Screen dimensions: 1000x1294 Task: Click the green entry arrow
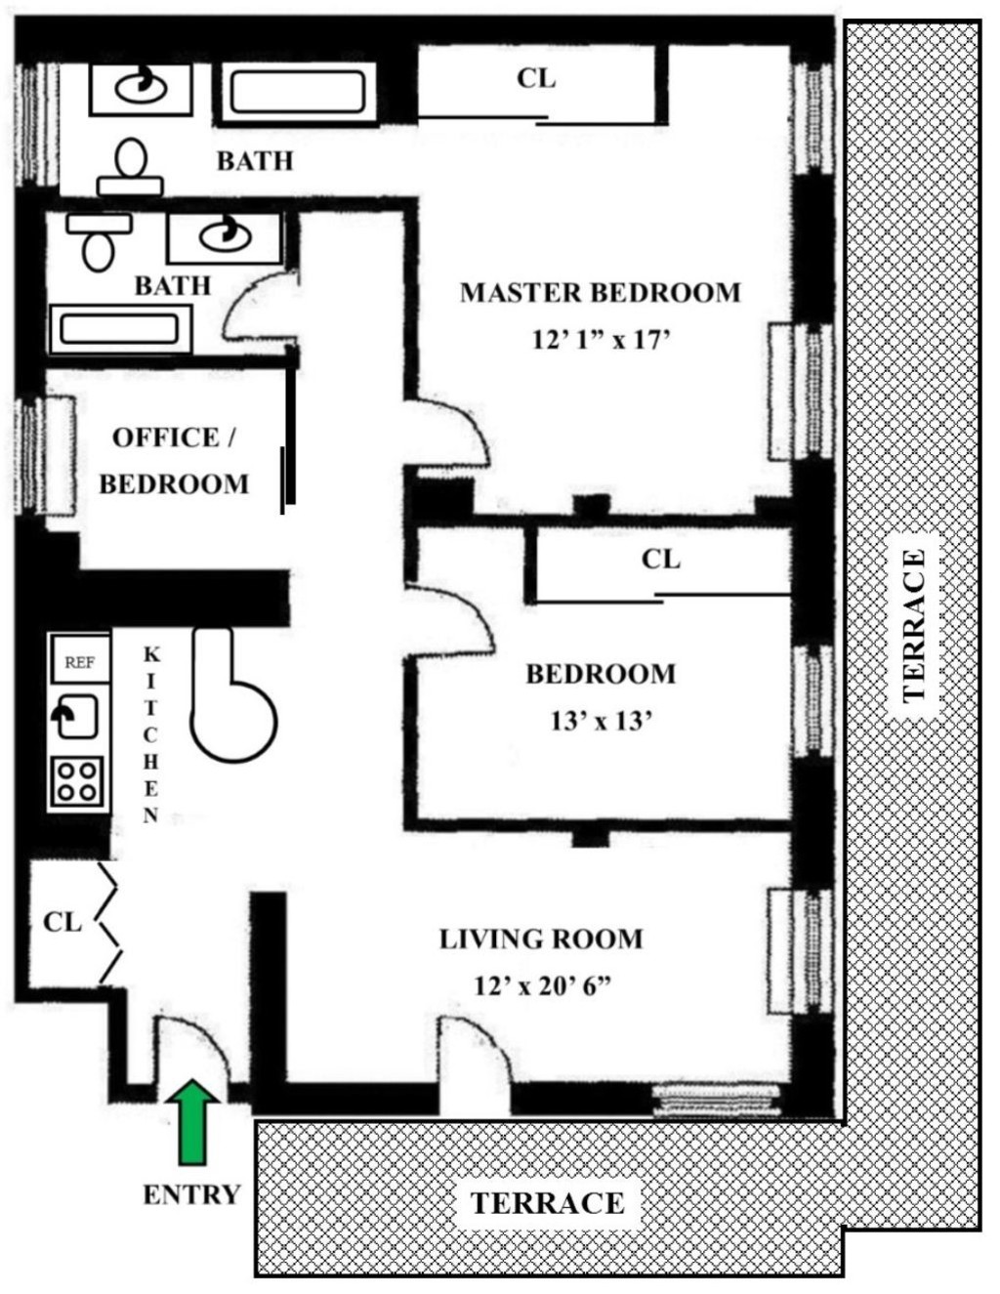(193, 1121)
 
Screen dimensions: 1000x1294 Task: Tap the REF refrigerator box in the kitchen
(80, 661)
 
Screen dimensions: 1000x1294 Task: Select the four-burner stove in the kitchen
(77, 780)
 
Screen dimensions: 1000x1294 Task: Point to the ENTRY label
(191, 1194)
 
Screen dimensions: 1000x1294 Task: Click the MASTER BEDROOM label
(600, 292)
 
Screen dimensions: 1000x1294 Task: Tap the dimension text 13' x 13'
(601, 721)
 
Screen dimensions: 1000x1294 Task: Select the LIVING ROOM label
(540, 939)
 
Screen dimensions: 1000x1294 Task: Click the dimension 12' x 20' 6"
(542, 985)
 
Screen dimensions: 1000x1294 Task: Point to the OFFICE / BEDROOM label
(174, 460)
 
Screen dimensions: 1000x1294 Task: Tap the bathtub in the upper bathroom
(298, 94)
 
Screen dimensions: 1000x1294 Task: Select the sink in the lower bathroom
(224, 236)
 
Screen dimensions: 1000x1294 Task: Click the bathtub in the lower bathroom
(119, 328)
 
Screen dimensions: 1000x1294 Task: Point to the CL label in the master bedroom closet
(536, 78)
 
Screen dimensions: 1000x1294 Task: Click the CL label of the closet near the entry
(62, 921)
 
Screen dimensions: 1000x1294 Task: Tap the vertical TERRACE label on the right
(913, 625)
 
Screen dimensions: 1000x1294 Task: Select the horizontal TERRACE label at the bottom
(547, 1202)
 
